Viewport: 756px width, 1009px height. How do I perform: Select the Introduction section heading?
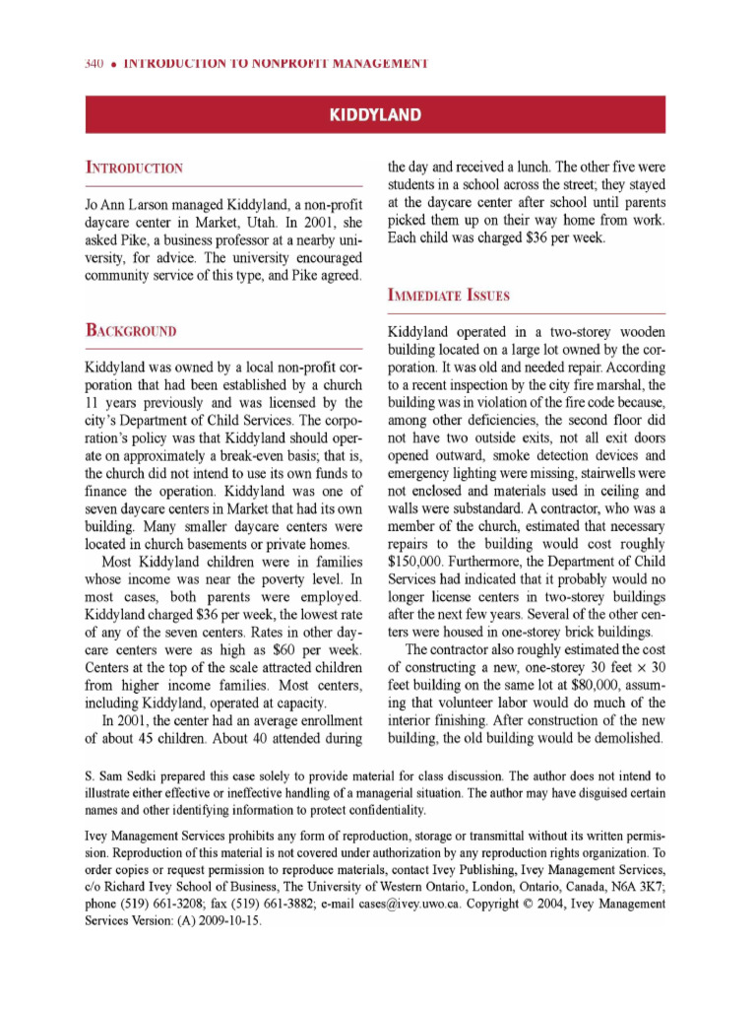(x=133, y=168)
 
